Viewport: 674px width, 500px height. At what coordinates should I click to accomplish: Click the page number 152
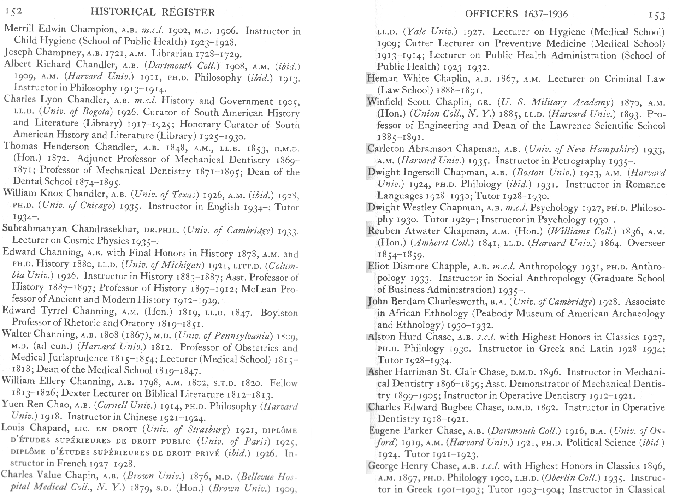pyautogui.click(x=13, y=11)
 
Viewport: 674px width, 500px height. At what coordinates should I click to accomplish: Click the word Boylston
pyautogui.click(x=279, y=313)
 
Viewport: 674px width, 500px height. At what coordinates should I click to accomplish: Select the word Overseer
pyautogui.click(x=646, y=243)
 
